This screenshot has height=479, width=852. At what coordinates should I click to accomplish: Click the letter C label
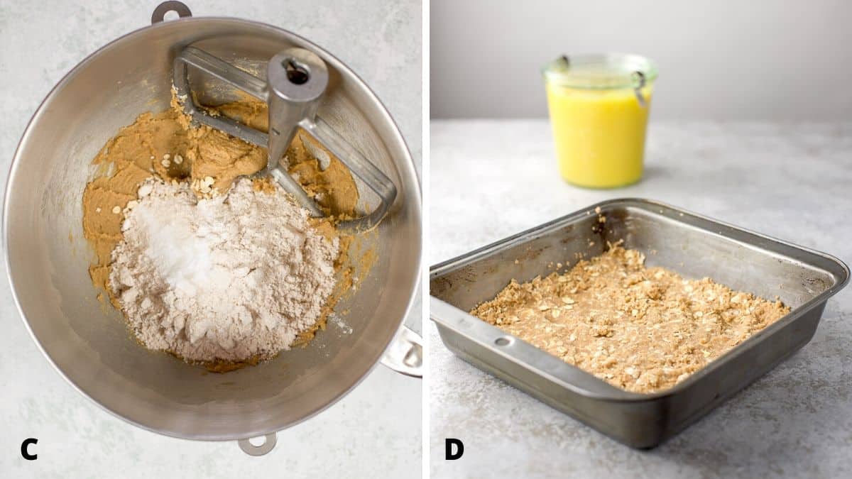[29, 448]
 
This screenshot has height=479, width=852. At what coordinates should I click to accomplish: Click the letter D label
[454, 448]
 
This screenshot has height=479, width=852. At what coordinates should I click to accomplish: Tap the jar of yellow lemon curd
[598, 135]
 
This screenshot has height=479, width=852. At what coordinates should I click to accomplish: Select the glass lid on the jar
[600, 70]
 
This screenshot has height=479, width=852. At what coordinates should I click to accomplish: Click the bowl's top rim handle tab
[171, 11]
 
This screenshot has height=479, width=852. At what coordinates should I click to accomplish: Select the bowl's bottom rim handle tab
[257, 444]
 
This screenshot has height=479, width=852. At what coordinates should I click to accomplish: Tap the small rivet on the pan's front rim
[503, 341]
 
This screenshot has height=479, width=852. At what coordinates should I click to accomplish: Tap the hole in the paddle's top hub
[297, 70]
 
